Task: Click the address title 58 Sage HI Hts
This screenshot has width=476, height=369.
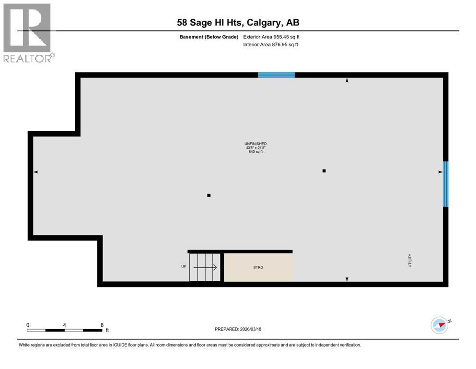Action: tap(238, 23)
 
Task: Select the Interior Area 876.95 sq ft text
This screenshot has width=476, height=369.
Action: tap(271, 45)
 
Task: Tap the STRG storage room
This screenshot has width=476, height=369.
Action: tap(258, 267)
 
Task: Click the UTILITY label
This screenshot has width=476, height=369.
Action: tap(410, 261)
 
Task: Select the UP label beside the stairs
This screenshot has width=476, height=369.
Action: tap(184, 266)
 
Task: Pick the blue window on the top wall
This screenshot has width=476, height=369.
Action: tap(276, 74)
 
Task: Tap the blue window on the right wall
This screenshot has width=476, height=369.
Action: tap(445, 184)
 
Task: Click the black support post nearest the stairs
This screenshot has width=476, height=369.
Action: tap(209, 195)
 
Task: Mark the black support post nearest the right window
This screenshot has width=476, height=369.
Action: tap(324, 171)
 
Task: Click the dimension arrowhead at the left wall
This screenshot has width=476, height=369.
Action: tap(35, 172)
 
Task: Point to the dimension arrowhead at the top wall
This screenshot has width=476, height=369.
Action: tap(347, 81)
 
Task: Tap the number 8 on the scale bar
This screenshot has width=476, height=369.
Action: tap(102, 325)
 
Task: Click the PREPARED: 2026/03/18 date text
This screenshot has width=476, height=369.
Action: tap(238, 329)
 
